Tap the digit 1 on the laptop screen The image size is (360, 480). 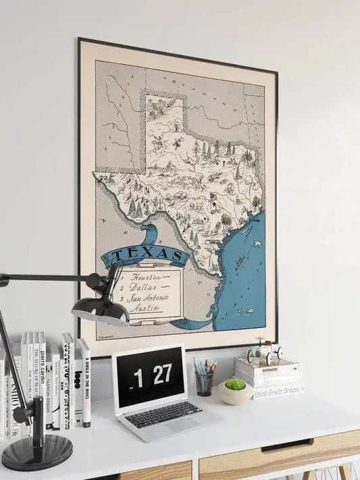coord(138,378)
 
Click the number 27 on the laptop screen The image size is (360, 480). coord(162,374)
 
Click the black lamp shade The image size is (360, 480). coord(101,310)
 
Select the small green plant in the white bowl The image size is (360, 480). coord(234,384)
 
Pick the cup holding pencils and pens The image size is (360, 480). coord(204,382)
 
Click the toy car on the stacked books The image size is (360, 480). coord(264,352)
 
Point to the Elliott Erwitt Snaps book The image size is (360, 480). coord(279,390)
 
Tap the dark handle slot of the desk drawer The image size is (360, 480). coord(287,445)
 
